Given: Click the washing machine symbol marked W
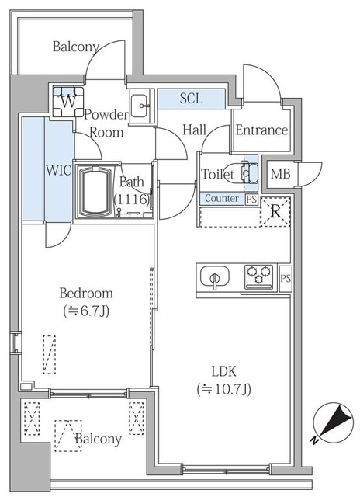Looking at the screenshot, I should (x=67, y=99).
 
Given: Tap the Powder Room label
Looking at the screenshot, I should (x=106, y=123).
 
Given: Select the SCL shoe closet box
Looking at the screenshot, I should (x=192, y=99).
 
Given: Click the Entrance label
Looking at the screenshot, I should (x=261, y=130).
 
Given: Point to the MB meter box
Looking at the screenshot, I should (x=279, y=173).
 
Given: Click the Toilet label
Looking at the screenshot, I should (x=217, y=175).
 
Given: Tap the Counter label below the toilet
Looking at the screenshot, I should (x=221, y=198).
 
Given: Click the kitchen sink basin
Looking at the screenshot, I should (x=214, y=277).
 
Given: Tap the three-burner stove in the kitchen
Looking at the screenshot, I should (x=258, y=276).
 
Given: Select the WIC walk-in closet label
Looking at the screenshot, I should (x=36, y=169).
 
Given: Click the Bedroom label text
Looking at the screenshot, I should (x=86, y=294).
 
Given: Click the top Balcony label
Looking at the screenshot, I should (x=75, y=47).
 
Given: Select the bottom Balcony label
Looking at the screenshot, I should (x=99, y=440).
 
